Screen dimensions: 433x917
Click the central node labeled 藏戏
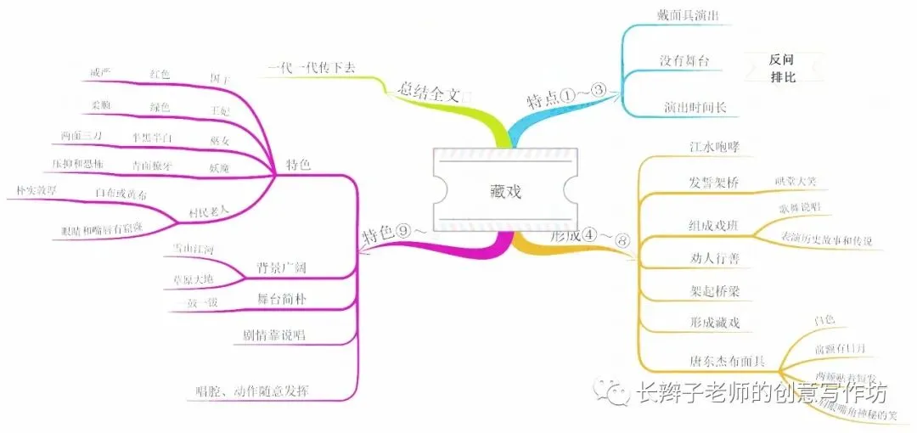click(505, 190)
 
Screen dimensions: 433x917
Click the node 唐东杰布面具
click(725, 361)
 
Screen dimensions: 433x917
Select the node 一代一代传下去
click(312, 69)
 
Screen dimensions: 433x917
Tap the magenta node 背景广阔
click(281, 268)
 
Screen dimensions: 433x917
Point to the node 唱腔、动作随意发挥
click(252, 391)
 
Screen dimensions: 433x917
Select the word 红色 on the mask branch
click(160, 74)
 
